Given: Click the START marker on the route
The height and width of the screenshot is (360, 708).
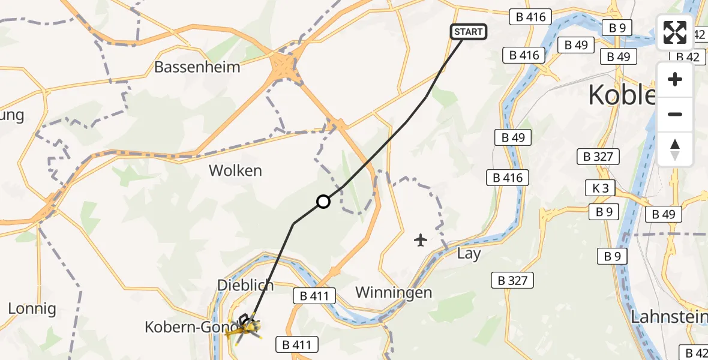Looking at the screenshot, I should point(469,32).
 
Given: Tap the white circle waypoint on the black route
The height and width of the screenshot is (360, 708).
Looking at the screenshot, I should point(323,202).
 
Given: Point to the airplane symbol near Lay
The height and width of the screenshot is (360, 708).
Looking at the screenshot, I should point(421,241).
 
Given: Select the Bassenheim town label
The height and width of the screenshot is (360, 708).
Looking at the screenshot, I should point(197,67).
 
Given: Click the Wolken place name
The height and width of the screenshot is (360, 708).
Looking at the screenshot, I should point(235,170).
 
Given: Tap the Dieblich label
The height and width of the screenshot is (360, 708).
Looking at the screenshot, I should point(245,285).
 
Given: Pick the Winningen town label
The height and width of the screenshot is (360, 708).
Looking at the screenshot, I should point(394,292).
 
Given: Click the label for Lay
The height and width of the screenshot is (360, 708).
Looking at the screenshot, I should point(469,254).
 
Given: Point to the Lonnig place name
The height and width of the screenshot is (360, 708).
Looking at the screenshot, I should point(32,309).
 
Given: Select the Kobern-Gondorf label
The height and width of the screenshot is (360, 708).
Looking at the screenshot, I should point(186,327).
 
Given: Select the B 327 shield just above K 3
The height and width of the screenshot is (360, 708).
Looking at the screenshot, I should point(598,157).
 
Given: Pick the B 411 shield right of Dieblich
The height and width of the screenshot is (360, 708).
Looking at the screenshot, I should point(314,295).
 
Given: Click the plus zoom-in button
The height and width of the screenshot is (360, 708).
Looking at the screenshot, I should point(675,79).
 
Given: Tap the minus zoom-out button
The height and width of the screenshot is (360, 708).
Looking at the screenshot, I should point(675,114).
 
